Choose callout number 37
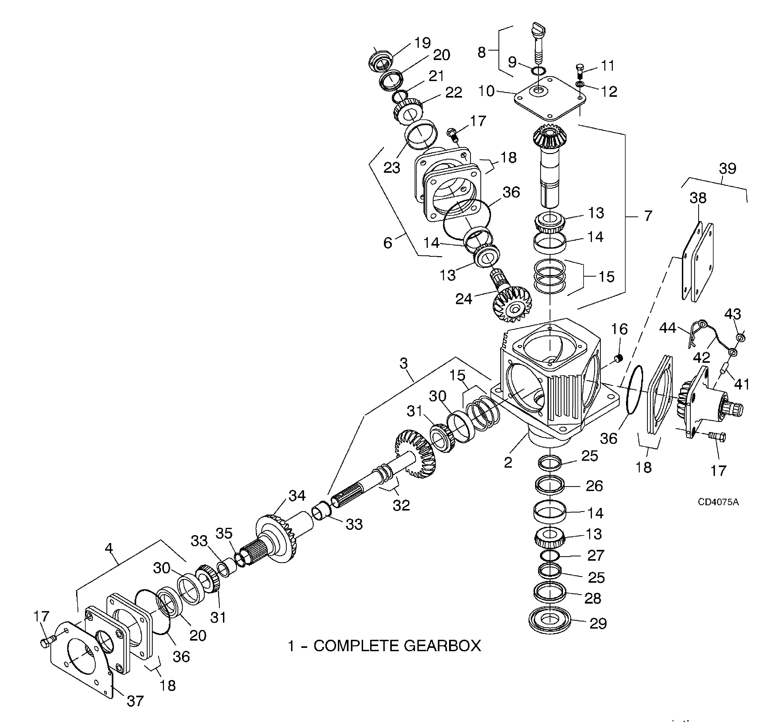(x=135, y=701)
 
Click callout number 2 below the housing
(x=508, y=463)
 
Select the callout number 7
(x=648, y=215)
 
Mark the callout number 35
(x=224, y=533)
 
